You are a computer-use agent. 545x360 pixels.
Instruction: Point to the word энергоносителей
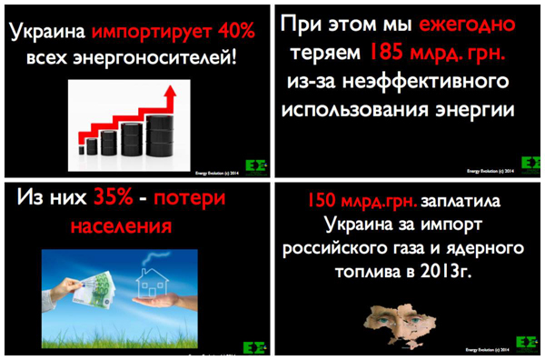[159, 61]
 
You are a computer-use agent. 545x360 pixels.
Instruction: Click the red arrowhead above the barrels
[169, 91]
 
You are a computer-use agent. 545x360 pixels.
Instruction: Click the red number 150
[322, 199]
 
